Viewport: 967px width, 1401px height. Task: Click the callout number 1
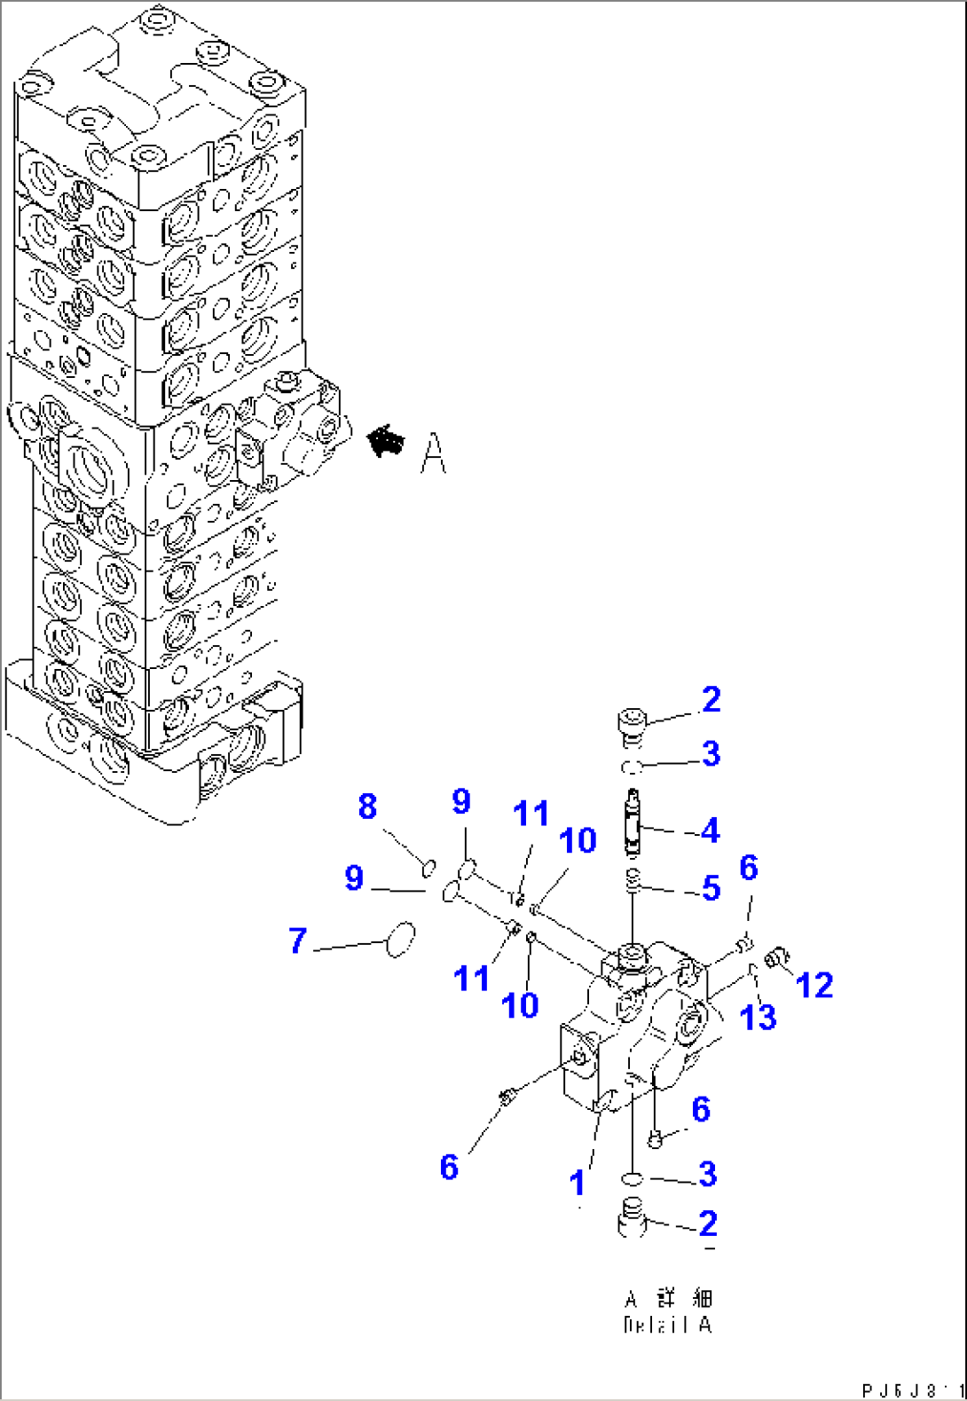pos(578,1183)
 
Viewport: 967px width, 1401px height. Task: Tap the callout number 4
pos(710,830)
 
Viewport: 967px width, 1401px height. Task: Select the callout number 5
pos(711,887)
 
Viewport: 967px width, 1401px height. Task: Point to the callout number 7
pos(298,941)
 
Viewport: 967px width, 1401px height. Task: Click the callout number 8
pos(367,807)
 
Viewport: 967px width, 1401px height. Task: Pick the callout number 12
pos(814,985)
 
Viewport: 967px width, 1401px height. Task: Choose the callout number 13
pos(759,1017)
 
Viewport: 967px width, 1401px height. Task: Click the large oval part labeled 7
pos(401,940)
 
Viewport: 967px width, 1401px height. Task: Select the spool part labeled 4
pos(632,822)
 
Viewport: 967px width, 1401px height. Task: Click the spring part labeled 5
pos(632,883)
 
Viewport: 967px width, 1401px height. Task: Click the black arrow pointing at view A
pos(385,440)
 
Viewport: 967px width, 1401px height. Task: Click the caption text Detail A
pos(668,1324)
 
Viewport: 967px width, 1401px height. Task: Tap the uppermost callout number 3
pos(711,753)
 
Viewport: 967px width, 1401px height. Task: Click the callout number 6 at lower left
pos(450,1167)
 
